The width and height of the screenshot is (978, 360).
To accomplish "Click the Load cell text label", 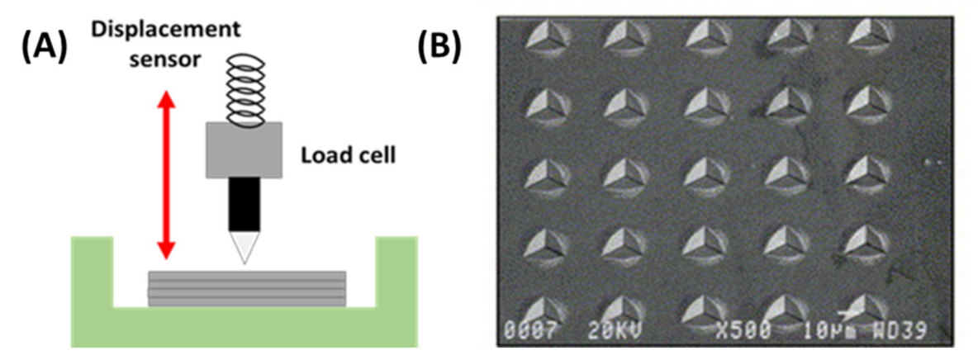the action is (348, 154).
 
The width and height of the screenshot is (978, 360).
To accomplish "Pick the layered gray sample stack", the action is (246, 288).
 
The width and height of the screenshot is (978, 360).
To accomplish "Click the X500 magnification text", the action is (743, 331).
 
